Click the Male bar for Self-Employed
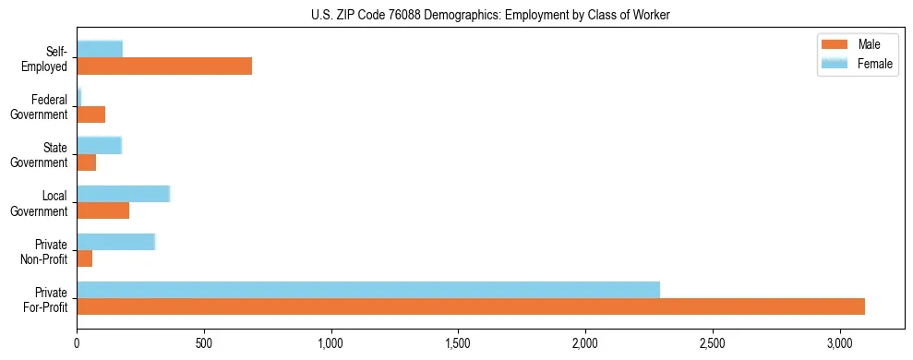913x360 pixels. [164, 66]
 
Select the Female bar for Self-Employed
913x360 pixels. [100, 49]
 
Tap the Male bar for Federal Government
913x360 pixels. [90, 114]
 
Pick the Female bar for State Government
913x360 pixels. [99, 145]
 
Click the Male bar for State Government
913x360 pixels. [86, 162]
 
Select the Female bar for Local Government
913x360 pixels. [123, 193]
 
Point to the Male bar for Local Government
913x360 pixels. [102, 210]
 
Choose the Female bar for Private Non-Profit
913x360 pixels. [115, 242]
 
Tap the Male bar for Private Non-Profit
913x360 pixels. [84, 258]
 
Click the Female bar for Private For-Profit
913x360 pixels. [368, 290]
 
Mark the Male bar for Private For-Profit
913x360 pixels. [471, 306]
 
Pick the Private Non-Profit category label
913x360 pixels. [45, 251]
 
